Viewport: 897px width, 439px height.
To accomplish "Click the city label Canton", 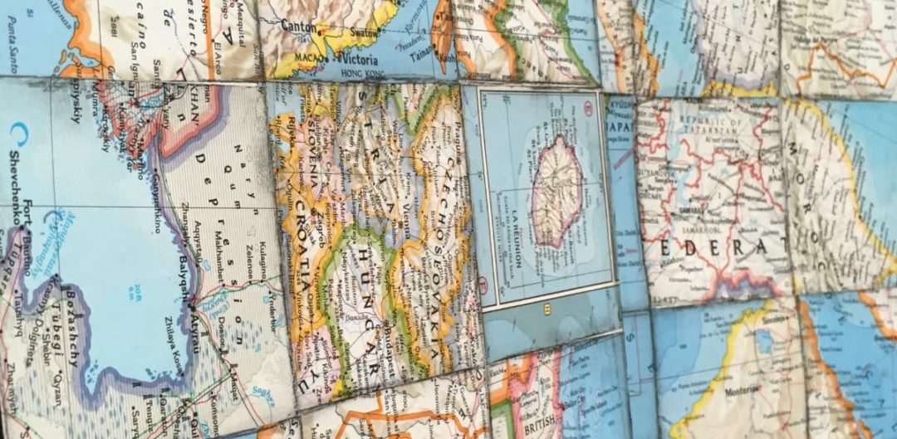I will pyautogui.click(x=298, y=27).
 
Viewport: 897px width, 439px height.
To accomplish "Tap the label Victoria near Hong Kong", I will pyautogui.click(x=356, y=61).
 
